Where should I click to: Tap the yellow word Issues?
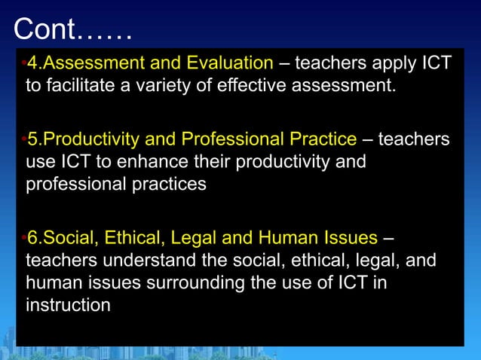(351, 239)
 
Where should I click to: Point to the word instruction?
(69, 304)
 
